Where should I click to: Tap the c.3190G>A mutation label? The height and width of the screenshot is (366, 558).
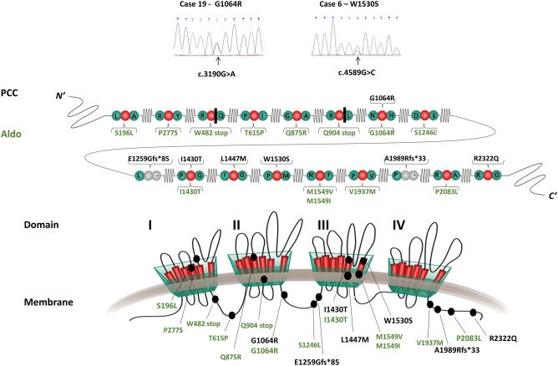point(217,71)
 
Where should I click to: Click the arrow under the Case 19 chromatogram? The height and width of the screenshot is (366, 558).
point(217,59)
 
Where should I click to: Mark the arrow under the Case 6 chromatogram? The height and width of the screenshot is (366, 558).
point(358,59)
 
